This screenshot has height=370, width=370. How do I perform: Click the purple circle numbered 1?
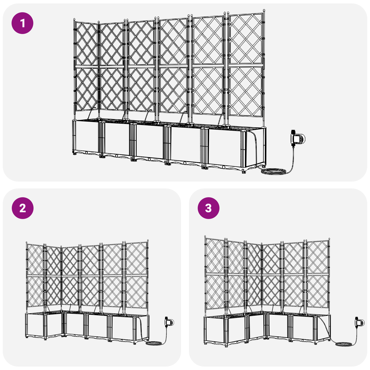(23, 23)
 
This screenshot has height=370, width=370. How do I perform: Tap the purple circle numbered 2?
(23, 208)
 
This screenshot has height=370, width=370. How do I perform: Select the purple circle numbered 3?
(208, 208)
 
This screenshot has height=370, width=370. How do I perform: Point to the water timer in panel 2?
(169, 322)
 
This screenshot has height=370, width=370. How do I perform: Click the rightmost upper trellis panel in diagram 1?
(246, 39)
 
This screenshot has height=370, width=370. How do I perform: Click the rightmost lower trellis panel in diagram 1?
(246, 91)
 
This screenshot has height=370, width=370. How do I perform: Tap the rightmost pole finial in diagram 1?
(264, 11)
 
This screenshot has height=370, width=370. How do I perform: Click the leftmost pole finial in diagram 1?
(75, 19)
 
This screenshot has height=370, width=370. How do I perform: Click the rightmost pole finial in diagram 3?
(329, 239)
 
